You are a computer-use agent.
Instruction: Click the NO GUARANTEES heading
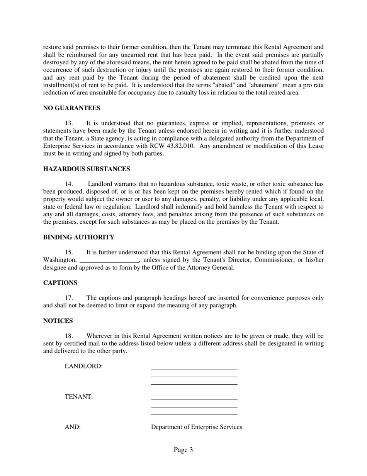click(x=71, y=108)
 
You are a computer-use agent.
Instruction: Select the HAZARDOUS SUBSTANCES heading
click(x=87, y=169)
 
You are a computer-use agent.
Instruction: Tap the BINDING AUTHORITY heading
click(x=78, y=237)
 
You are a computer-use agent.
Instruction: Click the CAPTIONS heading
click(x=60, y=283)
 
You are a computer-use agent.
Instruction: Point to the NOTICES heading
click(x=58, y=321)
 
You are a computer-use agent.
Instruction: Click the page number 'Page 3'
click(x=183, y=450)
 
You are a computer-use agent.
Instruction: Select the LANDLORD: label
click(x=83, y=366)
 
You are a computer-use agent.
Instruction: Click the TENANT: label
click(x=78, y=397)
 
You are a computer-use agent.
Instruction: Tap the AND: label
click(x=73, y=427)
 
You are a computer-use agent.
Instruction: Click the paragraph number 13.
click(x=69, y=123)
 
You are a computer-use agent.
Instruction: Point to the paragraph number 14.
click(x=69, y=184)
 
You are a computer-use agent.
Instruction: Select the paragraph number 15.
click(x=69, y=252)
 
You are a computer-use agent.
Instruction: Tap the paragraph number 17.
click(x=69, y=298)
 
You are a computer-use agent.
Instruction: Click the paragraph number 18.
click(x=69, y=336)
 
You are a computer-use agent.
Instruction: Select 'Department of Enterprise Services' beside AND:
click(x=196, y=427)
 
